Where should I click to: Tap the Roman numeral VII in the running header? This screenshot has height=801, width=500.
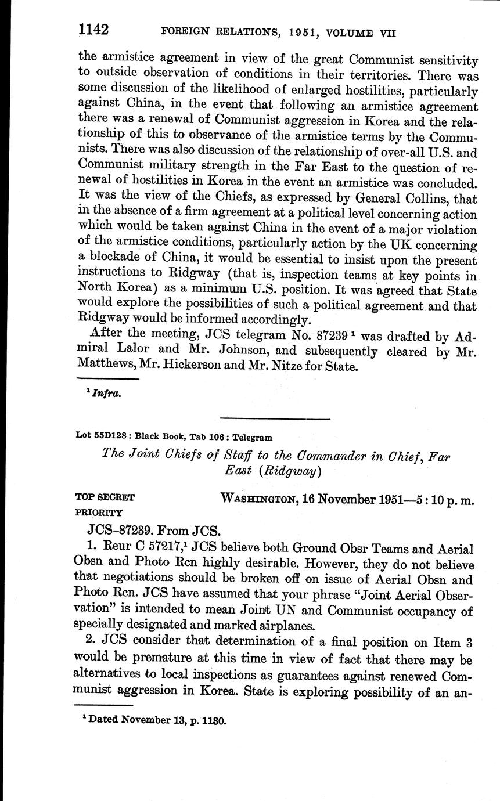point(384,34)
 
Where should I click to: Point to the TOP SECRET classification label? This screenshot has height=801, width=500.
point(105,497)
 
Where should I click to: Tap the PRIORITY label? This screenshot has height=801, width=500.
point(99,513)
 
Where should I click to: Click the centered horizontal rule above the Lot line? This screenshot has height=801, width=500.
point(275,418)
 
